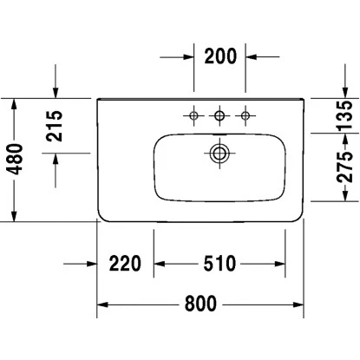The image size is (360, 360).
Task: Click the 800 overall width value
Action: tap(200, 304)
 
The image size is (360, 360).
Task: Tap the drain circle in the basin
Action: tap(219, 154)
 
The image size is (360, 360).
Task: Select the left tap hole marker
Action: tap(192, 115)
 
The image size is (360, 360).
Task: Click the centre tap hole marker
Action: tap(219, 115)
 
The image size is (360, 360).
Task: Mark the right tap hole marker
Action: tap(247, 115)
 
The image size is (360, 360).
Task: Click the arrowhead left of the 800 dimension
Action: tap(101, 304)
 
